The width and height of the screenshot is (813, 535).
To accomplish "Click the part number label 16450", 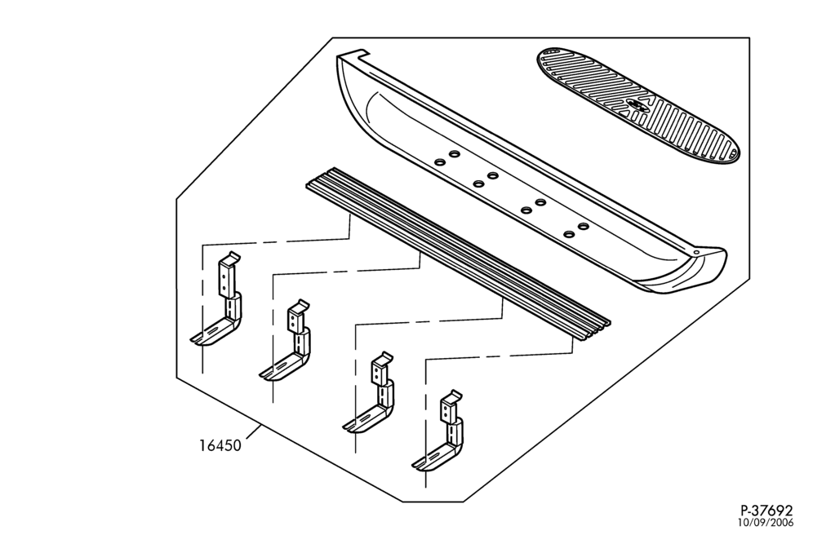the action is coord(220,445).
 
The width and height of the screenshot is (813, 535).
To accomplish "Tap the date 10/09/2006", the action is coord(766,523).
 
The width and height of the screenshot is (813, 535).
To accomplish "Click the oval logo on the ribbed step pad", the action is coord(637,105).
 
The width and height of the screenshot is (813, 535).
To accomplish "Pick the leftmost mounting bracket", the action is coord(217,300).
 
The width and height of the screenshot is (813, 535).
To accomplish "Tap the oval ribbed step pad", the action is coord(637,105).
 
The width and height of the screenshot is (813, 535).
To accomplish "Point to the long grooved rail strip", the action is coord(459,254).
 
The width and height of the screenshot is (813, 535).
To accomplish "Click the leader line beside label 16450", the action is coord(252,431).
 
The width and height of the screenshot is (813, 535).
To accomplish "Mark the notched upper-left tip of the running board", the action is coord(353,54).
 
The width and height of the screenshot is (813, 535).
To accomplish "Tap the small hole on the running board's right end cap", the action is coord(696,252).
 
